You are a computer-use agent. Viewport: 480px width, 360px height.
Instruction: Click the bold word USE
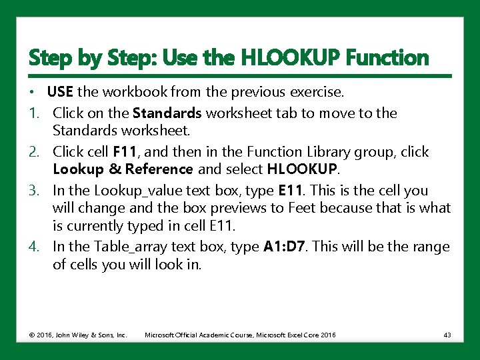(x=60, y=91)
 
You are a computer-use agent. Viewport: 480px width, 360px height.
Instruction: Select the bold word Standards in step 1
(x=167, y=113)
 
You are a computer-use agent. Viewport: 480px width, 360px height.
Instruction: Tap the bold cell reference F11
(x=124, y=151)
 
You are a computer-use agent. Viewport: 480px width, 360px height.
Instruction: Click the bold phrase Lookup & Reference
(x=123, y=169)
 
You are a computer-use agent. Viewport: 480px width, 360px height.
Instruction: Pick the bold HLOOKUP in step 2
(x=302, y=169)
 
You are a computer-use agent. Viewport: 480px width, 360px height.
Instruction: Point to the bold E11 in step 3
(x=289, y=191)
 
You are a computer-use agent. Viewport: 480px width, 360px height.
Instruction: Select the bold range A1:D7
(x=284, y=247)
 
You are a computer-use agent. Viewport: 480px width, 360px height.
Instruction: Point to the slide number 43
(x=447, y=335)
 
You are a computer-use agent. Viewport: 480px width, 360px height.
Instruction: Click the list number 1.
(x=34, y=113)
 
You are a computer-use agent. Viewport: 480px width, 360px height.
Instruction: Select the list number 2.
(x=34, y=152)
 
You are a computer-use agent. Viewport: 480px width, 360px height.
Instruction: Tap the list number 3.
(x=34, y=191)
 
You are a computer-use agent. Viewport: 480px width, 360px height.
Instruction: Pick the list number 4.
(x=34, y=247)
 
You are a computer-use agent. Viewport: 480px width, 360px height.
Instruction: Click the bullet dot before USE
(x=31, y=92)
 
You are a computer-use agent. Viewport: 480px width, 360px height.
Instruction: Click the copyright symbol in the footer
(x=31, y=335)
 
